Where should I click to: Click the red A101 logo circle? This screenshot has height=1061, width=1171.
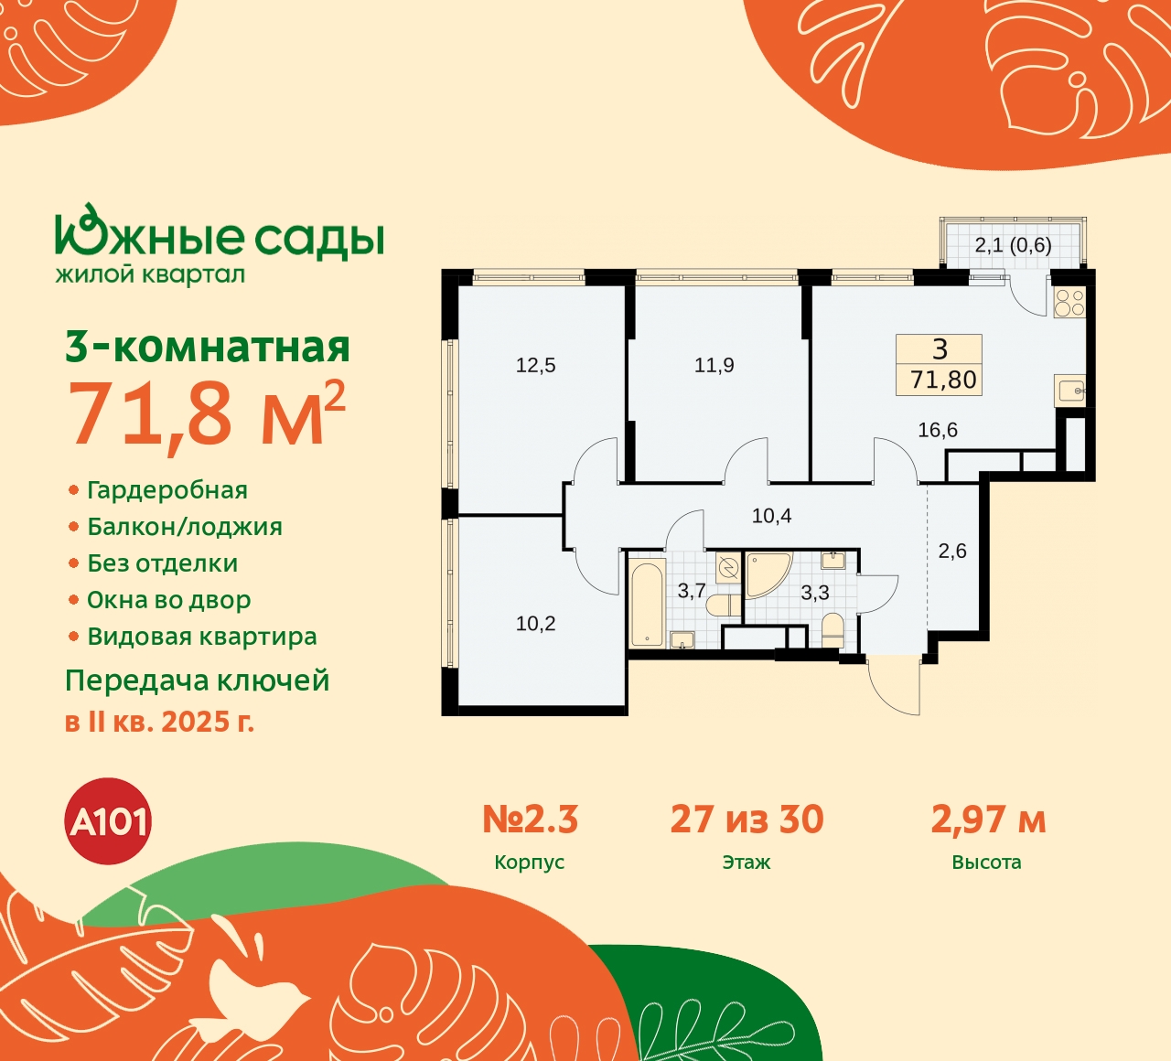109,821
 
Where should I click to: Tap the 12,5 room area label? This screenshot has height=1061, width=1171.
535,366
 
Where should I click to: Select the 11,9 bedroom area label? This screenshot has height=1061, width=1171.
714,366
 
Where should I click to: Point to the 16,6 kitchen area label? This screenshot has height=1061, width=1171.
938,430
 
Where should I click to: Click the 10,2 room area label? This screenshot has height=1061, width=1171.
535,624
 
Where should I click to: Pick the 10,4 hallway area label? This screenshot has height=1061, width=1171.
771,516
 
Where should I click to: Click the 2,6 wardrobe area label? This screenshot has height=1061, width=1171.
952,552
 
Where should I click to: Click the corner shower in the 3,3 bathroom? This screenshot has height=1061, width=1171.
765,573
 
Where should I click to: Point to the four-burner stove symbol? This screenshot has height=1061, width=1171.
1069,302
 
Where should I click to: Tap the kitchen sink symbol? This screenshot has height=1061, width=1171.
1069,391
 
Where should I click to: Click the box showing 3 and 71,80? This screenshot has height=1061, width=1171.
940,364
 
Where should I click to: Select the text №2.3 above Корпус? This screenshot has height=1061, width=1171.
531,820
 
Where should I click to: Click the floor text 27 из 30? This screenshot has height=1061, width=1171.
747,820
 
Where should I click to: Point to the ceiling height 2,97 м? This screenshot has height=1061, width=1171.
988,820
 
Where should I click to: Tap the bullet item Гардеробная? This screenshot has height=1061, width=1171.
167,490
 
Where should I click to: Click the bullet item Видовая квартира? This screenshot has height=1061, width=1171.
201,637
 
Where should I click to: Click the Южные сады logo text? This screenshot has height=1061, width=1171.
220,236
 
